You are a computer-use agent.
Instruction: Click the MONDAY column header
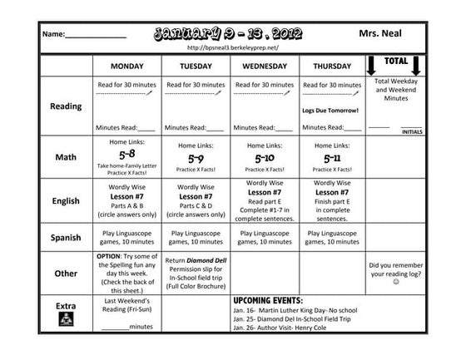point(126,66)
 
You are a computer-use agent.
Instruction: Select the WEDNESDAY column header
point(264,66)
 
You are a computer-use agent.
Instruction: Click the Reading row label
point(67,106)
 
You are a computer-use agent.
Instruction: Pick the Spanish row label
point(66,238)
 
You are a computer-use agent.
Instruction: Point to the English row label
point(66,200)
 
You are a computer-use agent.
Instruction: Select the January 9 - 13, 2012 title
point(227,33)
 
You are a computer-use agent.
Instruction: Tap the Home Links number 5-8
point(126,155)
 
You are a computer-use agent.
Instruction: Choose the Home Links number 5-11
point(332,156)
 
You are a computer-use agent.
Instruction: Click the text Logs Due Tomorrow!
point(331,110)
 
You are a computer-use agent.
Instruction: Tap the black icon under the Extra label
point(66,320)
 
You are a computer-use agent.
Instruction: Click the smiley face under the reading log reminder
point(396,281)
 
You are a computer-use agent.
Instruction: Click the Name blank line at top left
point(96,36)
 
